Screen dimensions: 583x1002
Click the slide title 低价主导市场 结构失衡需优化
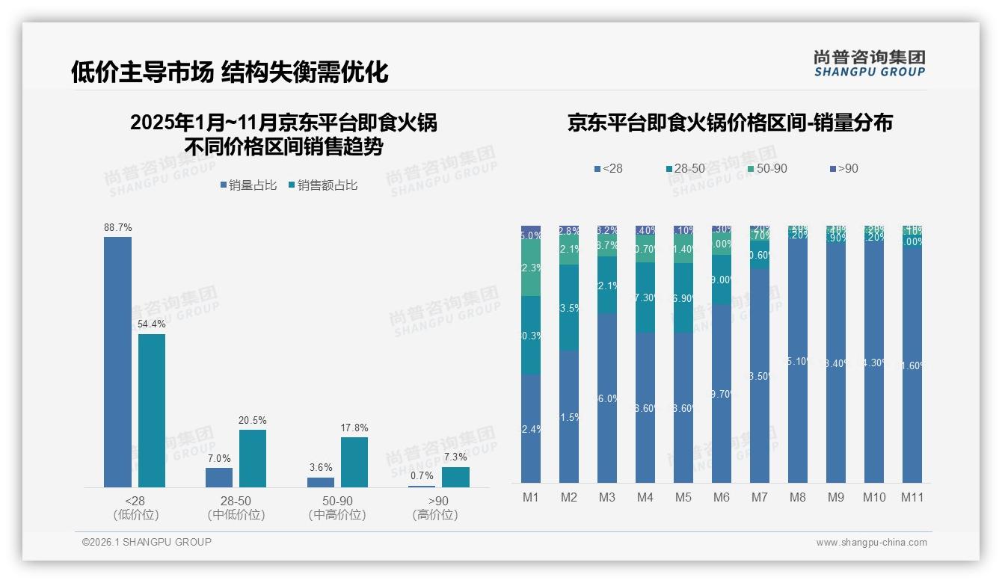click(230, 72)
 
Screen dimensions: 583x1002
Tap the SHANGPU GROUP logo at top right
click(869, 64)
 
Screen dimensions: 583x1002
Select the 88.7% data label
click(118, 227)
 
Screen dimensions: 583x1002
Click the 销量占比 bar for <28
click(117, 362)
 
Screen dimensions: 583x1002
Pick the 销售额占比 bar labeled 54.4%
click(152, 410)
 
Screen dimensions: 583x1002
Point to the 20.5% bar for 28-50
click(253, 458)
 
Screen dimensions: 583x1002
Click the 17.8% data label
click(354, 428)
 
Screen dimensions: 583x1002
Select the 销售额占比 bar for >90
click(455, 477)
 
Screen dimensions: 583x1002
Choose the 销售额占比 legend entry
click(322, 185)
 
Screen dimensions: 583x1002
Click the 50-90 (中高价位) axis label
click(337, 508)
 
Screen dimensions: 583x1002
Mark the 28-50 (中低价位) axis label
click(236, 508)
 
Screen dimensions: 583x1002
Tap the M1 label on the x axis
click(530, 497)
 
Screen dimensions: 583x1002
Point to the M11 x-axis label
click(912, 497)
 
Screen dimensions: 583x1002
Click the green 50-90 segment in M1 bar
click(531, 268)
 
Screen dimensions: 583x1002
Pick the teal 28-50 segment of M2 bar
click(569, 307)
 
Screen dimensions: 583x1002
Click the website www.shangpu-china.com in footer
click(871, 543)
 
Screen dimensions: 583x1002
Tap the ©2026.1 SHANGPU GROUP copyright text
click(147, 542)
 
